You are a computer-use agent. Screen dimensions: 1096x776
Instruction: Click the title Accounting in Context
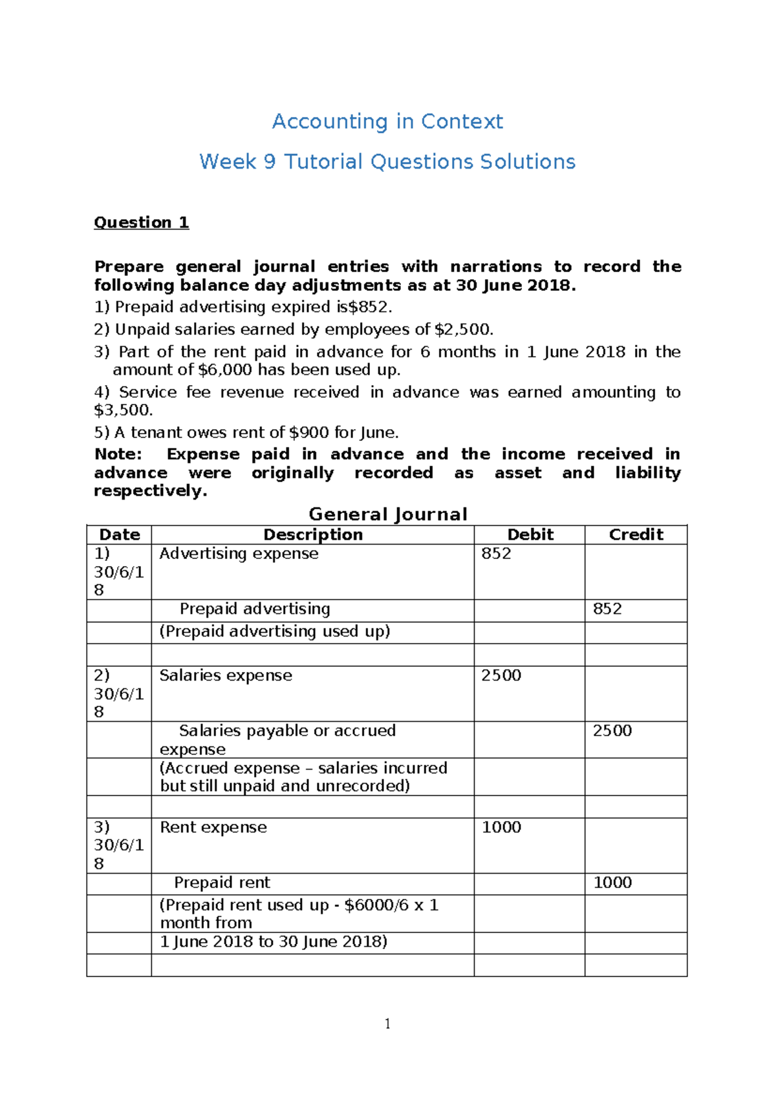tap(387, 121)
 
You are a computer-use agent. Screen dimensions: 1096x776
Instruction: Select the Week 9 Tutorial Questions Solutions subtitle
tap(387, 162)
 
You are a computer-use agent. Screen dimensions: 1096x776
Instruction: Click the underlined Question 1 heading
tap(141, 222)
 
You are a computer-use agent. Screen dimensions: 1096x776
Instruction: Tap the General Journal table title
tap(387, 514)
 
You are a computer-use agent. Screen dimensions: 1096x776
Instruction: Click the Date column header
tap(120, 534)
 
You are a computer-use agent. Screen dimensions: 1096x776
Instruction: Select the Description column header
tap(313, 534)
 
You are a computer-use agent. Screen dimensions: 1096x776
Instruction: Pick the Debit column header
tap(530, 534)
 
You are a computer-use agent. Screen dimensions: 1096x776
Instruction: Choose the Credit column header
tap(636, 534)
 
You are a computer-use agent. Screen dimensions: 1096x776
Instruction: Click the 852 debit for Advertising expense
tap(496, 554)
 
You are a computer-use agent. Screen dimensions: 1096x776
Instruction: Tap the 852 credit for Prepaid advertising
tap(607, 609)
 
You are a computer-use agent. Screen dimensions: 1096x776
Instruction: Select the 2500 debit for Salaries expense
tap(501, 675)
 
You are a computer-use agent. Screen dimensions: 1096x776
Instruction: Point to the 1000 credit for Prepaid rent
tap(612, 883)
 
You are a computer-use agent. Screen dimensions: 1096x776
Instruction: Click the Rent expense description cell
tap(213, 828)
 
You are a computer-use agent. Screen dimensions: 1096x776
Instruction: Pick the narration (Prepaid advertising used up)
tap(275, 631)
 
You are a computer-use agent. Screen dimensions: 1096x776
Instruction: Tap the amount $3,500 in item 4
tap(123, 410)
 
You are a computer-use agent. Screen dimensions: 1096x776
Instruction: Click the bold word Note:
tap(118, 454)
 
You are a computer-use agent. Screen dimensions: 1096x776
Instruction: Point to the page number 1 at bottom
tap(387, 1024)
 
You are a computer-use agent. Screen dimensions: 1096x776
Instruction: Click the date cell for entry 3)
tap(119, 845)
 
